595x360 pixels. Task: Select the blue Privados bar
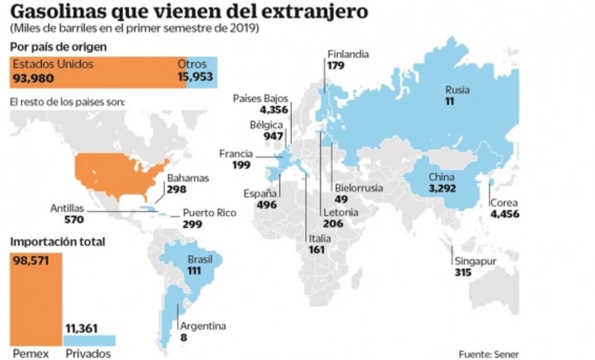pos(89,340)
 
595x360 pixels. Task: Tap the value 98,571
pos(30,260)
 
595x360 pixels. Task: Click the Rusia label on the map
pos(457,90)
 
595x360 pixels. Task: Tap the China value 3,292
pos(442,188)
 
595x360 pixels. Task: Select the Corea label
pos(504,203)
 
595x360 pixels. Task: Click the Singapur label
pos(475,261)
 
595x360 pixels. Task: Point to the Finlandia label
pos(348,55)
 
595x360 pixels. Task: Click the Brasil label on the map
pos(200,259)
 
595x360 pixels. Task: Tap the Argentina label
pos(203,326)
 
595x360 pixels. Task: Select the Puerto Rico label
pos(210,213)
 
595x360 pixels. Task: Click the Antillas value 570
pos(74,219)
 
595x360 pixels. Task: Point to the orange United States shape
pos(119,174)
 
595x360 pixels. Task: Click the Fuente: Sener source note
pos(489,354)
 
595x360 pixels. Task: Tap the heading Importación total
pos(58,242)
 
